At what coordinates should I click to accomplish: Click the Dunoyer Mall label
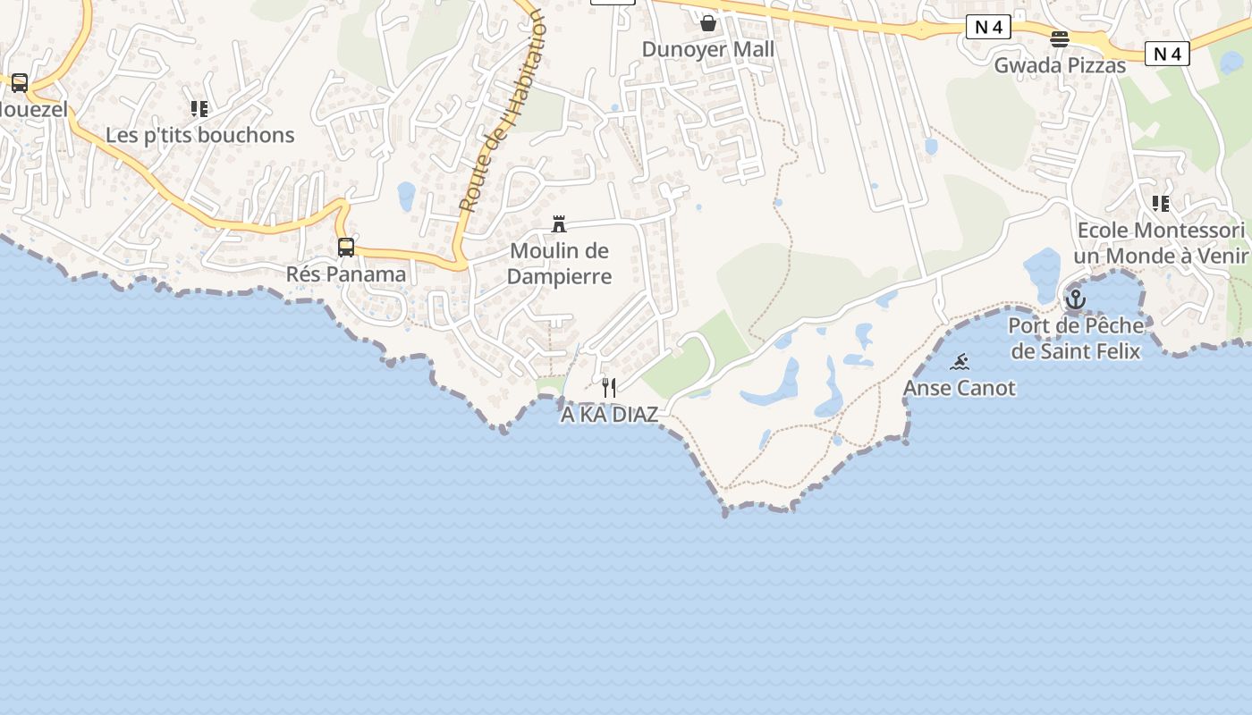pos(708,49)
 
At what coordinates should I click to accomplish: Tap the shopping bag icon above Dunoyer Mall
pos(708,22)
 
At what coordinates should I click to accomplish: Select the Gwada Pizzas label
pos(1060,65)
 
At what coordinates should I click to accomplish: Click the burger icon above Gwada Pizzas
pos(1060,38)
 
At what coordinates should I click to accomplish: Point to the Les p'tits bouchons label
pos(199,135)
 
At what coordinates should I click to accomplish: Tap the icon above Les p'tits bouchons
pos(199,109)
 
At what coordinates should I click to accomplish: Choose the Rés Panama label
pos(346,273)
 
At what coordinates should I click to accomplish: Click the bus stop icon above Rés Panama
pos(346,248)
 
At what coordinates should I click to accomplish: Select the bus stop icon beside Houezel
pos(20,83)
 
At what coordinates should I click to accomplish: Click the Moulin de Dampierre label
pos(559,264)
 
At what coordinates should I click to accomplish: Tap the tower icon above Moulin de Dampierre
pos(559,223)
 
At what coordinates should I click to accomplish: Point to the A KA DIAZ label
pos(609,415)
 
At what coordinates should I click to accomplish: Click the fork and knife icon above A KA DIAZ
pos(609,388)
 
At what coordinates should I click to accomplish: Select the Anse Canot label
pos(960,388)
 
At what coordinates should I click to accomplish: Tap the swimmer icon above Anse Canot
pos(960,362)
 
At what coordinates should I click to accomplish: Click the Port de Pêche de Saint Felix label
pos(1076,338)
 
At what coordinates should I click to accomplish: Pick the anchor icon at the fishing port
pos(1076,299)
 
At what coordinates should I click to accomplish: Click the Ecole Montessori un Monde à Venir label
pos(1161,243)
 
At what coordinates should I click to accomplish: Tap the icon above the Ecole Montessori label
pos(1161,204)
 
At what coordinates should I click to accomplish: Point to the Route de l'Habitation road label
pos(503,112)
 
